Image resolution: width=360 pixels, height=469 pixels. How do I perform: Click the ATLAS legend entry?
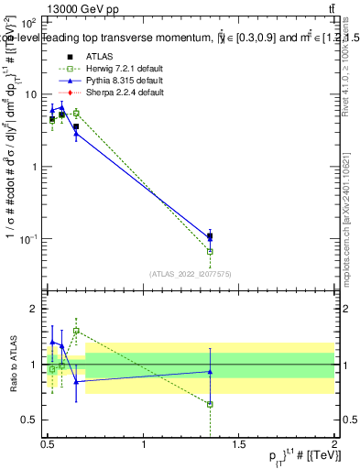(x=95, y=53)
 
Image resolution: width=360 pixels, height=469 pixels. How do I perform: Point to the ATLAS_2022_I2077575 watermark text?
(x=191, y=273)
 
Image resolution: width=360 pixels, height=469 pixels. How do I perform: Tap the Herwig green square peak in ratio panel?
(x=76, y=331)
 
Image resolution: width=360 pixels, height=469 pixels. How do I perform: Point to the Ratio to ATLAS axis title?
(x=10, y=365)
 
